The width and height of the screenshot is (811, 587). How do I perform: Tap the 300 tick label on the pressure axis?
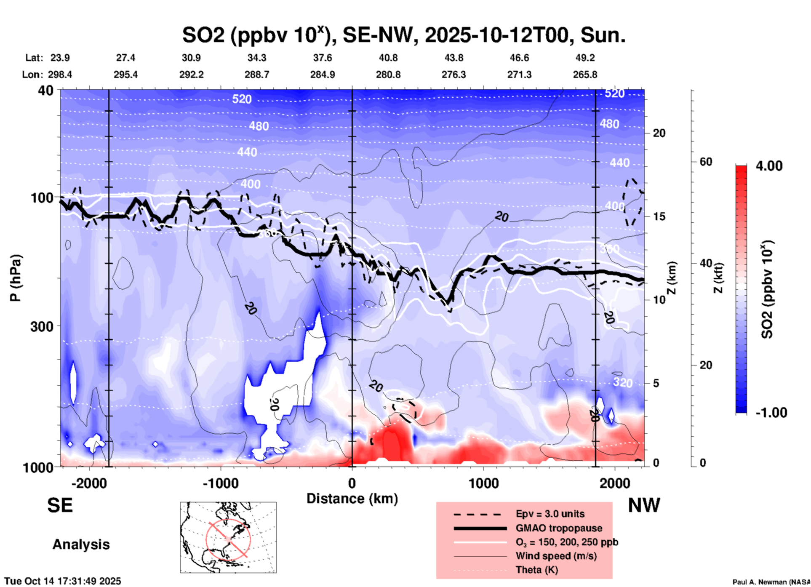[x=42, y=327]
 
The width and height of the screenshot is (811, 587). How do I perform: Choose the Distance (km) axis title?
[x=352, y=499]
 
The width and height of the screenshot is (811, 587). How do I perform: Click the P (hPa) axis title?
[x=16, y=278]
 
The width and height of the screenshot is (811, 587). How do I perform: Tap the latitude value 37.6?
[x=323, y=58]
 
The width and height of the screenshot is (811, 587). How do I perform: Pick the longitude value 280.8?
[x=388, y=75]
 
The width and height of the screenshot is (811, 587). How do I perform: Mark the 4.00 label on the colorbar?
[x=769, y=166]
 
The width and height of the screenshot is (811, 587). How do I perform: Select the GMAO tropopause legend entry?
[x=559, y=528]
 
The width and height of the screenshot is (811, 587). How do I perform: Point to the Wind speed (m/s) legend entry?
[x=556, y=556]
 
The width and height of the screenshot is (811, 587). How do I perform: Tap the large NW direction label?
[x=644, y=505]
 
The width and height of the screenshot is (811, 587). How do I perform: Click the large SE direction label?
[x=60, y=505]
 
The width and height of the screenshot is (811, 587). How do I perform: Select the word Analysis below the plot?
[x=81, y=544]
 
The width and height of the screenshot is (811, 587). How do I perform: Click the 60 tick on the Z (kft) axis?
[x=705, y=162]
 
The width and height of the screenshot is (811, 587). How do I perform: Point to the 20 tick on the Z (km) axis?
[x=659, y=133]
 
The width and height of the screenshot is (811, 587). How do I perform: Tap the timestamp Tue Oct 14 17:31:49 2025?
[x=63, y=581]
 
